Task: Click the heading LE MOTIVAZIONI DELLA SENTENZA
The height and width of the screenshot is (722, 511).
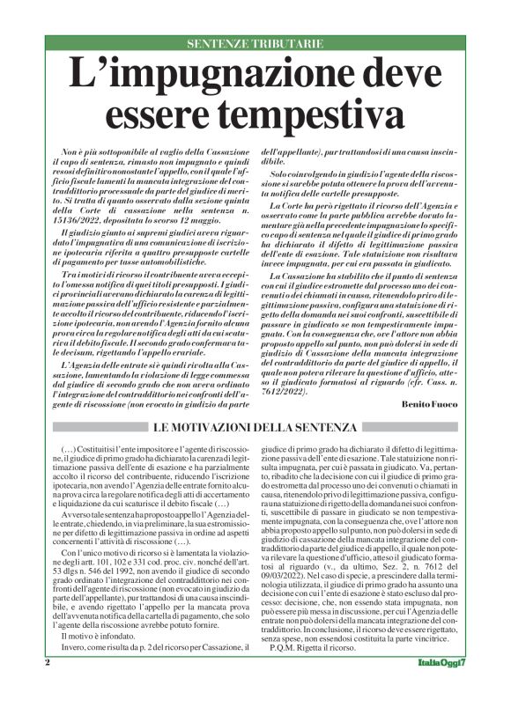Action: coord(255,428)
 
